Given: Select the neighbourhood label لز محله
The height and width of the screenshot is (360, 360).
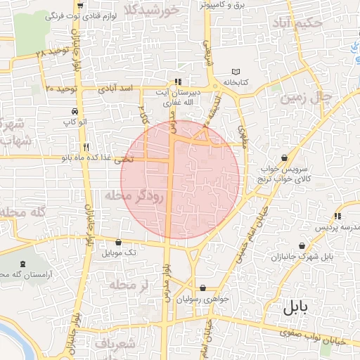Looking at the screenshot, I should [x=128, y=285].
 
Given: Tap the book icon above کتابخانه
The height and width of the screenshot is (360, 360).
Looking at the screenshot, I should [x=236, y=72].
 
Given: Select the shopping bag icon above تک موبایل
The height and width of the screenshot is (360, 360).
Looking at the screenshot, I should [x=118, y=242].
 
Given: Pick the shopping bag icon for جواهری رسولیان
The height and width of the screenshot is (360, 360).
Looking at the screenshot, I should [x=202, y=288].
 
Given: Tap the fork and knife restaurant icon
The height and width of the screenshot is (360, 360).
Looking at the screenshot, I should [x=86, y=148].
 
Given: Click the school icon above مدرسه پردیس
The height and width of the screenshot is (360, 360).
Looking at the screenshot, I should [x=338, y=216].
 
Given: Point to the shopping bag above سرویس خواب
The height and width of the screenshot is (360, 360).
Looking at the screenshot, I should [x=283, y=157].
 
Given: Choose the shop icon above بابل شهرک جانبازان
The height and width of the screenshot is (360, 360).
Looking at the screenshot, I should [x=302, y=246].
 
